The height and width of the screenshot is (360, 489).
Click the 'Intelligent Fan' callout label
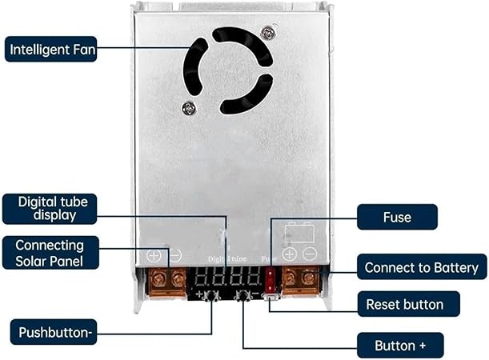click(51, 50)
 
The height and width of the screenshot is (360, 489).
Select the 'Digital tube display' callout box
click(50, 209)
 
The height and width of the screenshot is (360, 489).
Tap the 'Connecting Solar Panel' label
click(50, 253)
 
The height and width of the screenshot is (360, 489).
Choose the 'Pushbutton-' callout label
click(54, 332)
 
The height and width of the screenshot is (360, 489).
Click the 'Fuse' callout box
click(397, 217)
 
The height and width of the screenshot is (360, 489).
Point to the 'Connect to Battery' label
click(422, 267)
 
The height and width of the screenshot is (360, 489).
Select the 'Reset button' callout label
click(408, 304)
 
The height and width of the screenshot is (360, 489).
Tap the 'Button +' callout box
click(400, 345)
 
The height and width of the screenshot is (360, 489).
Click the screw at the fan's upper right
click(268, 33)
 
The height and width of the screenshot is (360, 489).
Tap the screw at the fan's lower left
click(189, 108)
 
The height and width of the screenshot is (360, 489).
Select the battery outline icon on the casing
click(299, 231)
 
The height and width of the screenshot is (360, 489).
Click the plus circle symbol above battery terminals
click(290, 254)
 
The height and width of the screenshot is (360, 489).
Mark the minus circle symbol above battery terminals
click(310, 254)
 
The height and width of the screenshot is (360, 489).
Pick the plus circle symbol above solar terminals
click(154, 255)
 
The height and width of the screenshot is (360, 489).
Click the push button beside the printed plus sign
click(212, 296)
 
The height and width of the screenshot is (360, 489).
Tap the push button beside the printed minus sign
click(243, 296)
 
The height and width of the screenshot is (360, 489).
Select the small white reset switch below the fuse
click(271, 297)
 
